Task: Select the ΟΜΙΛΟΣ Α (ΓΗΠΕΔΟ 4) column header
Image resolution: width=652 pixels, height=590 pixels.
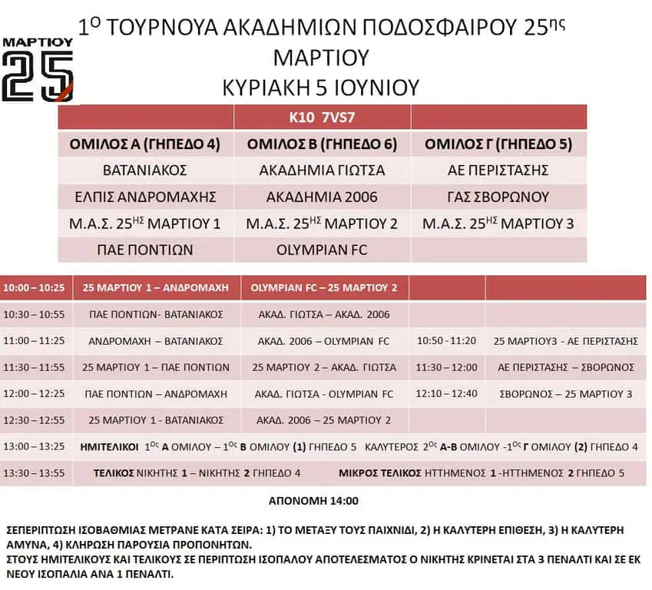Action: [x=145, y=144]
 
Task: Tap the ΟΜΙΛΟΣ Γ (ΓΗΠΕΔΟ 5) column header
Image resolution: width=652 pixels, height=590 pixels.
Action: [x=498, y=144]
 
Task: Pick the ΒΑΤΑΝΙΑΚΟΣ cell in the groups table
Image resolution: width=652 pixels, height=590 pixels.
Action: [x=145, y=170]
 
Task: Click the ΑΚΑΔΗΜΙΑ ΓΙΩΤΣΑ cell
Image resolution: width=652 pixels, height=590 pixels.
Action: [x=322, y=170]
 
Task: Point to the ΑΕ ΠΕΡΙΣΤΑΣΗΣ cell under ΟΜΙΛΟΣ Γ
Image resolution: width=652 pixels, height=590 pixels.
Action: [x=498, y=170]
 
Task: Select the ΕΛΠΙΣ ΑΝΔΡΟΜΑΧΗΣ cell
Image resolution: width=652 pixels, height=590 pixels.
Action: [x=145, y=197]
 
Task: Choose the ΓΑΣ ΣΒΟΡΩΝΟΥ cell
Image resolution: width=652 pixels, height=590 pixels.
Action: [x=498, y=197]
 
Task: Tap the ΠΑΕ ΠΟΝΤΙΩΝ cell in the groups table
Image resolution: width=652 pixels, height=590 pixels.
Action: [x=145, y=250]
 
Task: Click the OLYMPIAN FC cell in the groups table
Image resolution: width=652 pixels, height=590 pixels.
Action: [x=322, y=250]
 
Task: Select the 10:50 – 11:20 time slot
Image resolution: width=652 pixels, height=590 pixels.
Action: [x=446, y=340]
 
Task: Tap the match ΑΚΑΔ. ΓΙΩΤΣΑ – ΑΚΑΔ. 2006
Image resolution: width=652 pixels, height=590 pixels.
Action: [x=323, y=314]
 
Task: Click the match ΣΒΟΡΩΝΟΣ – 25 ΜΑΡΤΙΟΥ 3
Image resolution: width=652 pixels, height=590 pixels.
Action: [x=564, y=394]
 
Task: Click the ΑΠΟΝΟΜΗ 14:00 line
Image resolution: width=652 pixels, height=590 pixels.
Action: [x=313, y=501]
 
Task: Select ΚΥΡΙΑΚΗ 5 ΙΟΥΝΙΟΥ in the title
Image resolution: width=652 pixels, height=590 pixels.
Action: [x=320, y=86]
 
